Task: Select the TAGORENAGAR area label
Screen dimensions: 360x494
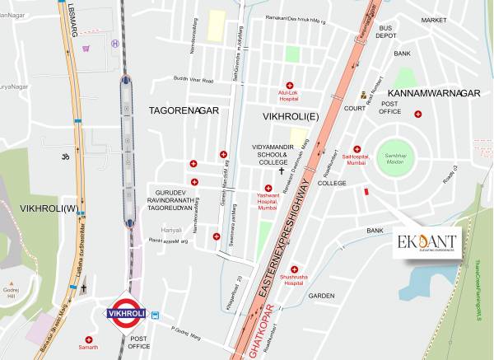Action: click(x=184, y=109)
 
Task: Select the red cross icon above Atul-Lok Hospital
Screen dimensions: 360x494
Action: click(x=289, y=86)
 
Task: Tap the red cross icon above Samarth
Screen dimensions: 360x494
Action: click(x=89, y=339)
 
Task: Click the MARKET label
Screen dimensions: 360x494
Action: click(x=433, y=19)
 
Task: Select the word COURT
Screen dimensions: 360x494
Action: click(x=354, y=108)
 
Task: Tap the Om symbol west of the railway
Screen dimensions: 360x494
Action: click(x=58, y=155)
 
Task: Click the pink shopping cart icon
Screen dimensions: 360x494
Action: click(x=86, y=49)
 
